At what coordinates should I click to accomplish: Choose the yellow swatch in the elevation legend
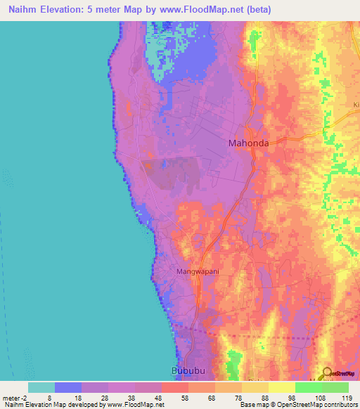tap(281, 387)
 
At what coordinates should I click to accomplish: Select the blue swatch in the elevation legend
tap(67, 387)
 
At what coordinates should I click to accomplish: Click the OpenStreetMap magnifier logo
tap(326, 372)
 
